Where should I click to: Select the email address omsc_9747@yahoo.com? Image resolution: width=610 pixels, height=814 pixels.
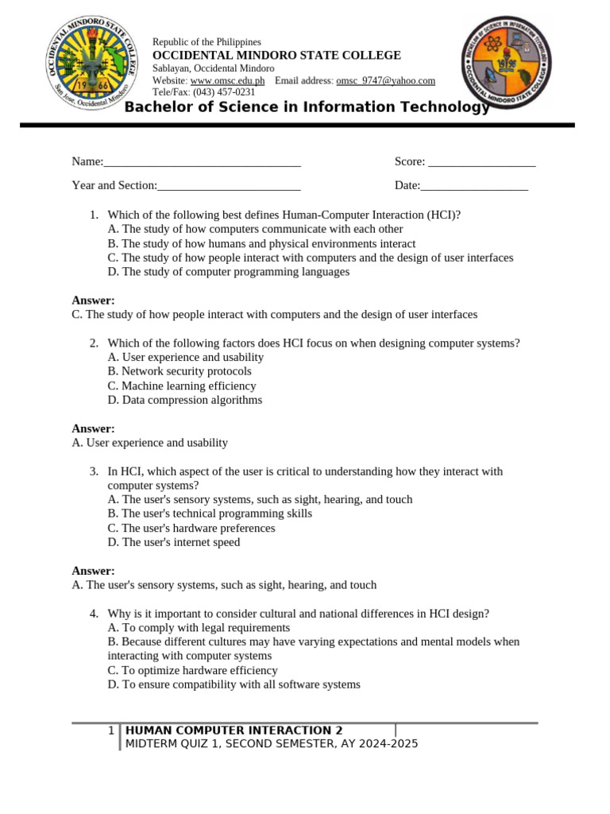[386, 81]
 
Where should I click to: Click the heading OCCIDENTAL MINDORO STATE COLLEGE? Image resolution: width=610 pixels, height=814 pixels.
[276, 56]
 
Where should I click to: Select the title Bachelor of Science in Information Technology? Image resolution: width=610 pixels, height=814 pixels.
[307, 107]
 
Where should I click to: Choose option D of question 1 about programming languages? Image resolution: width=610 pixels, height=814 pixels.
[228, 272]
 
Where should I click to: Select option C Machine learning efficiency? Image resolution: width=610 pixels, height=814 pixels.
[182, 386]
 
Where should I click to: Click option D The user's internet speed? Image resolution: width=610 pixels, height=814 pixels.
[173, 542]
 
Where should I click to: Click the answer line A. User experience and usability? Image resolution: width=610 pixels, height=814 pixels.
[149, 443]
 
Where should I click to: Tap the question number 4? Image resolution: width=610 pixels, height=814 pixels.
[94, 613]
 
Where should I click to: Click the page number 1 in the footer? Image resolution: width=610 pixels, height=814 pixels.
[111, 731]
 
